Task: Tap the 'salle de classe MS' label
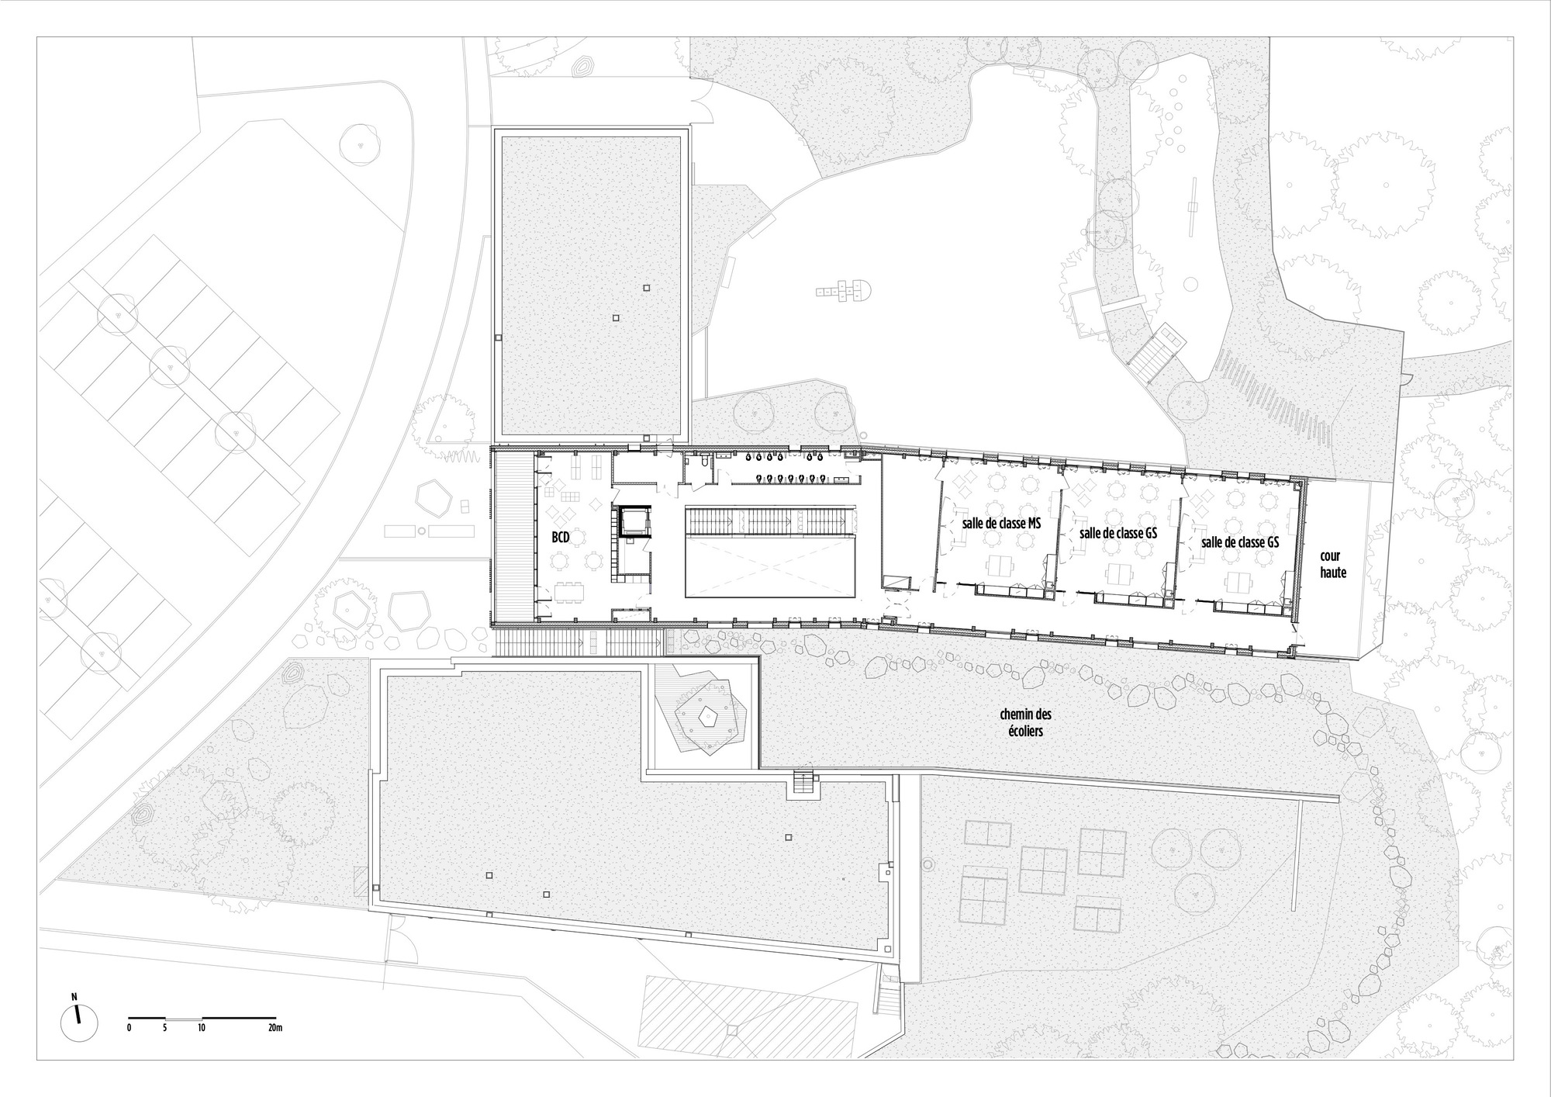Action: pos(1001,524)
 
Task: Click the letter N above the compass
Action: pos(74,996)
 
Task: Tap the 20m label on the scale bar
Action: pos(273,1028)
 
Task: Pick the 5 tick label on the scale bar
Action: pos(165,1028)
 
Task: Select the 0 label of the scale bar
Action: pos(130,1028)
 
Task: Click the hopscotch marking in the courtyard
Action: pos(842,293)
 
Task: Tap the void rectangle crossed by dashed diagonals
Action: pos(769,569)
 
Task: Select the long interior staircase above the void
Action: pos(769,521)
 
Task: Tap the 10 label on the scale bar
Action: pos(201,1028)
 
